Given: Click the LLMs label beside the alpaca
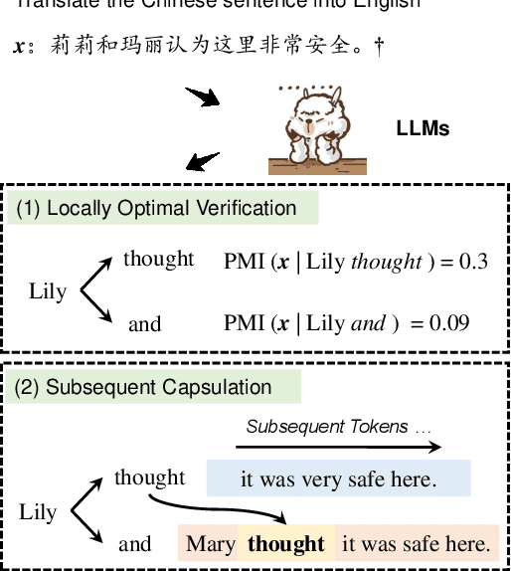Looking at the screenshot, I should (x=423, y=128).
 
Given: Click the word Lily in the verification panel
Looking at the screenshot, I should (x=48, y=291).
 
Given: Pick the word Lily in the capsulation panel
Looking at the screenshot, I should (x=38, y=512).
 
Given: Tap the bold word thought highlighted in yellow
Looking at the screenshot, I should (x=286, y=543).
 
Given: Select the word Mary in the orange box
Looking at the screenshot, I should (x=210, y=543).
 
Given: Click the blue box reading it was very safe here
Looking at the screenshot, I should (x=338, y=479).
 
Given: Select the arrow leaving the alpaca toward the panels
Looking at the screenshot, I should (x=204, y=160).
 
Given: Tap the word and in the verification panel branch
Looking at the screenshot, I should (x=144, y=324).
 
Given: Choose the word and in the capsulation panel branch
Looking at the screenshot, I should (x=135, y=543).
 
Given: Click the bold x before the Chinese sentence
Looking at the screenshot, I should (x=19, y=48).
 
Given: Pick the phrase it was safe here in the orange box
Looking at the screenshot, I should (x=416, y=543).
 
